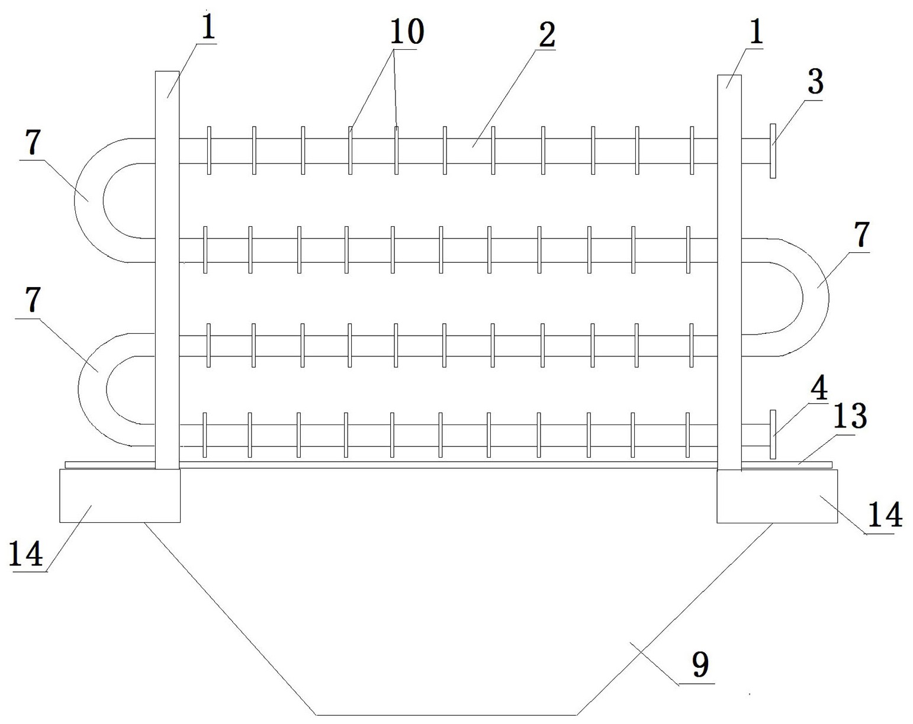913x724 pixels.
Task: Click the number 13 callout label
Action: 850,416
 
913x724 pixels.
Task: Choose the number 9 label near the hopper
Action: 699,665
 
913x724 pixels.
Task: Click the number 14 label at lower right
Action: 885,515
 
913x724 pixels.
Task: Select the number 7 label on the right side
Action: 861,235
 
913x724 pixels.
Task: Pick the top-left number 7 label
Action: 33,142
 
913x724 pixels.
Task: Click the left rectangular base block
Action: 120,496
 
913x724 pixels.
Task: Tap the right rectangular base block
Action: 777,496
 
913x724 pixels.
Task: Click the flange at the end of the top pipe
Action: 773,151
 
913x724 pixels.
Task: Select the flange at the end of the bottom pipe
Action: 773,434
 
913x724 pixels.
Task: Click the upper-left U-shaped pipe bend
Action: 89,200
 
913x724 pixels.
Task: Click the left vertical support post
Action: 166,269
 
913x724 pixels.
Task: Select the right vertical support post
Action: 729,272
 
